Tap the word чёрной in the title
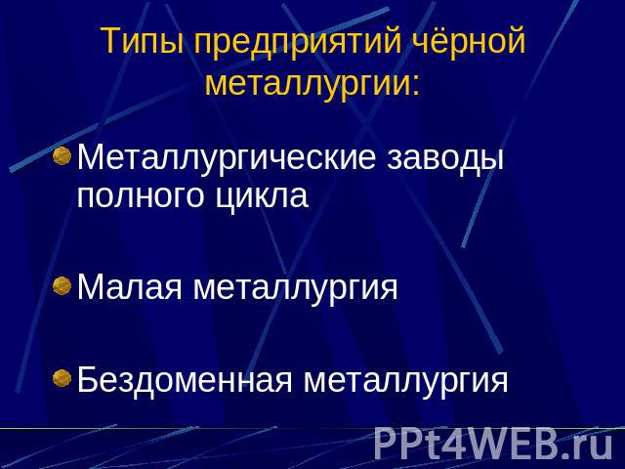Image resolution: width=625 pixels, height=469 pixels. [469, 42]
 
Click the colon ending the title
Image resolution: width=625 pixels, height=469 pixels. [416, 85]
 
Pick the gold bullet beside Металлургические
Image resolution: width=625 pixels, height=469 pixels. [62, 155]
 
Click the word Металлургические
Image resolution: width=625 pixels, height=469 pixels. [226, 158]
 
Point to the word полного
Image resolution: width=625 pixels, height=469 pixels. [140, 196]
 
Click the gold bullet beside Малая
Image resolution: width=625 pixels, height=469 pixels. [62, 285]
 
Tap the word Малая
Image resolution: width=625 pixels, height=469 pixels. [129, 286]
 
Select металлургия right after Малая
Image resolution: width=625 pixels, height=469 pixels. [295, 288]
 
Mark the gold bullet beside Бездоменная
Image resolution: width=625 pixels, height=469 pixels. [62, 378]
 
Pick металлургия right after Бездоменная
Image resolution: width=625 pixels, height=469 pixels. [406, 381]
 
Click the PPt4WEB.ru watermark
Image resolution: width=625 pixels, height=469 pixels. [493, 443]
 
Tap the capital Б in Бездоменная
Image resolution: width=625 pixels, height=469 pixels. [87, 379]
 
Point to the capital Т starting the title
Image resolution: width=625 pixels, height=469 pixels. [111, 41]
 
